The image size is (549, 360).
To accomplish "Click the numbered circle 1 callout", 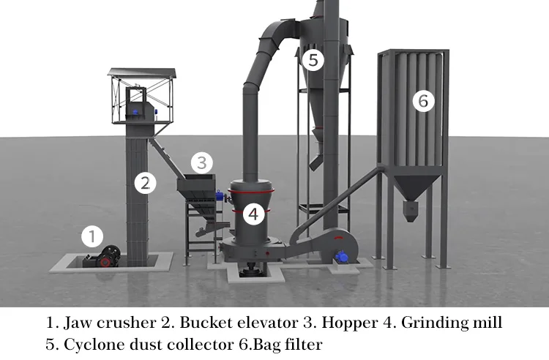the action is coord(92,236).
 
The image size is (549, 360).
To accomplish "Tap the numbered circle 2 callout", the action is coord(146,183).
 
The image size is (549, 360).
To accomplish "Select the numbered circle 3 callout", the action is coord(203,161).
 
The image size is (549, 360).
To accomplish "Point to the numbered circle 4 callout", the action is coord(253,214).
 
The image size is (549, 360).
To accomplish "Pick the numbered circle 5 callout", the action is coord(313,60).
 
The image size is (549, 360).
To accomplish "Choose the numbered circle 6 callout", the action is coord(422,101).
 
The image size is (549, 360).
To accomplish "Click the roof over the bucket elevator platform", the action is coord(142,72).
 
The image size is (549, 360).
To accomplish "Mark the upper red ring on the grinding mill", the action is coord(250,190).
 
